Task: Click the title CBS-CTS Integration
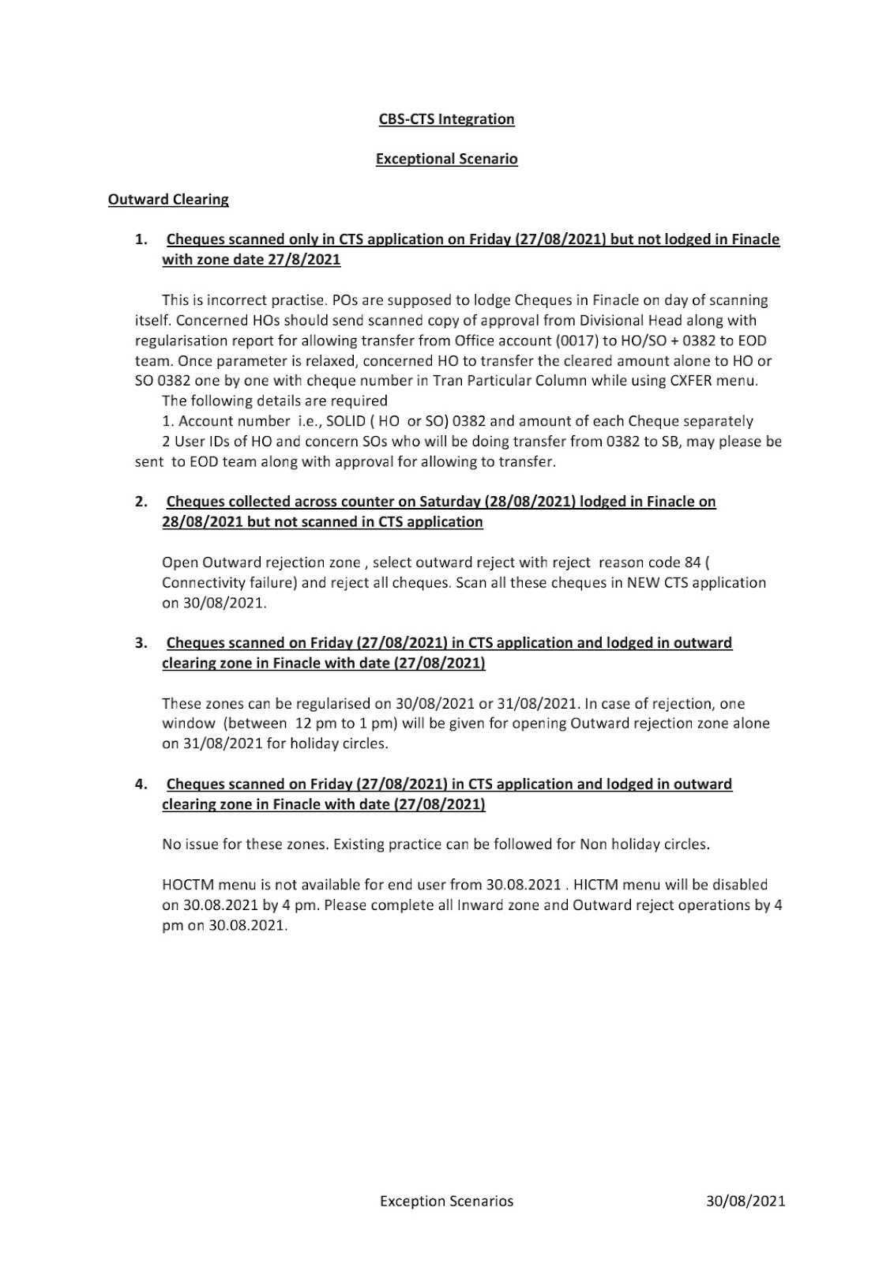pos(446,119)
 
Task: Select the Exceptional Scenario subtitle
pos(446,159)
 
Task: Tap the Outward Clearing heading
pos(168,199)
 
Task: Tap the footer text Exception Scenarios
pos(446,1201)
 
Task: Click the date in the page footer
pos(746,1201)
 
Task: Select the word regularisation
pos(182,340)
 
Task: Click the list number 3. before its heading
pos(141,643)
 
